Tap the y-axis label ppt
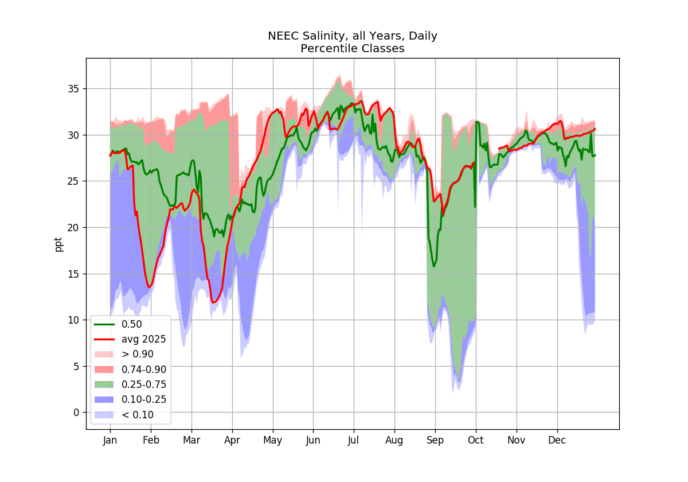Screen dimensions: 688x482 [58, 244]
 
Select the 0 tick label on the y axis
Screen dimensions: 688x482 [76, 413]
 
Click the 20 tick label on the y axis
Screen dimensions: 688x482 [73, 228]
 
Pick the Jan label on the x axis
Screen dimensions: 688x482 [110, 441]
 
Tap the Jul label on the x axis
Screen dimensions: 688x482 [354, 441]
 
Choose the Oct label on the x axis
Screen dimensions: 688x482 [476, 441]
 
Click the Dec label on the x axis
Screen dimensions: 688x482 [557, 441]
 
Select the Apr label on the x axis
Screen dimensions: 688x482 [232, 441]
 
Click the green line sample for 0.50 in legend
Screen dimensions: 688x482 [104, 325]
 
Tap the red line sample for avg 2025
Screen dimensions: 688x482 [104, 340]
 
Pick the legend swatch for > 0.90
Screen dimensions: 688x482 [104, 355]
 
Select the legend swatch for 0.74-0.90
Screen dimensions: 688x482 [104, 370]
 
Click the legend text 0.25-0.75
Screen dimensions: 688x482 [144, 384]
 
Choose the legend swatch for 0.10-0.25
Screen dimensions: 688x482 [104, 399]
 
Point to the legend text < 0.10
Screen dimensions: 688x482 [138, 415]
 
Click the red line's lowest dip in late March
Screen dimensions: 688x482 [213, 303]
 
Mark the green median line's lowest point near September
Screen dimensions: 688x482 [434, 266]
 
